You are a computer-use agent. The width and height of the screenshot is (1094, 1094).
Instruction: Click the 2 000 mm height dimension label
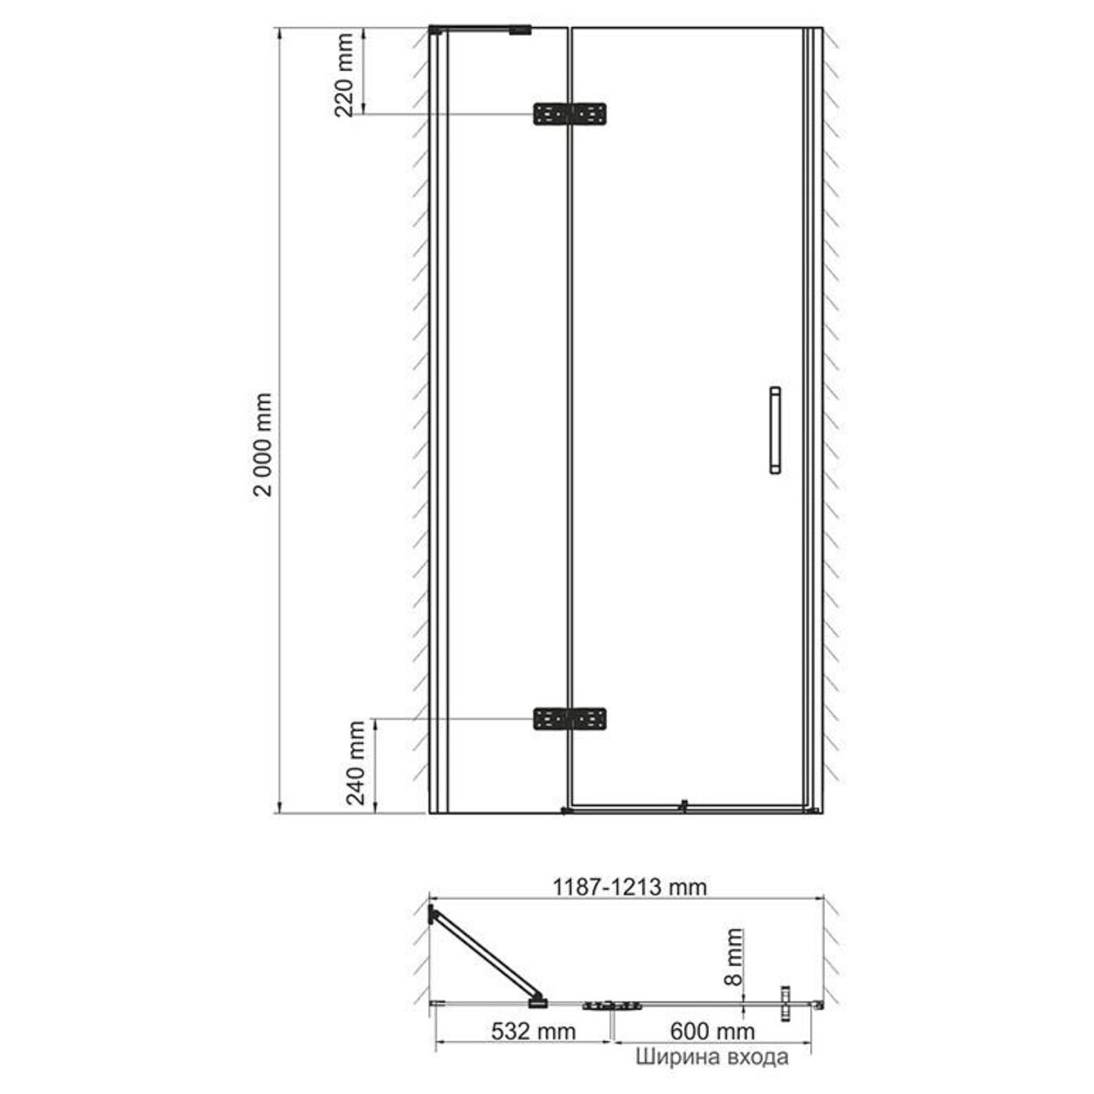point(263,443)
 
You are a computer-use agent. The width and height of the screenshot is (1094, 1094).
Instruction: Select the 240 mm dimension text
point(357,762)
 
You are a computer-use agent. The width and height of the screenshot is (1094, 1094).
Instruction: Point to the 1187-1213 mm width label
point(629,886)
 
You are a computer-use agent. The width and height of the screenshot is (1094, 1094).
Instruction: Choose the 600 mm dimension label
point(712,1031)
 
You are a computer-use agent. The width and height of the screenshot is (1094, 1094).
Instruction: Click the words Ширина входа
point(712,1057)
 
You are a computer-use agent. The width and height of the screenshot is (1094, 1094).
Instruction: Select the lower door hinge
point(570,719)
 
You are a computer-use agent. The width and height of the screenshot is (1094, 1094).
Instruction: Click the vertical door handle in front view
point(775,431)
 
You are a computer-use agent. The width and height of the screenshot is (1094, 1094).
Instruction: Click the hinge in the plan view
point(612,1005)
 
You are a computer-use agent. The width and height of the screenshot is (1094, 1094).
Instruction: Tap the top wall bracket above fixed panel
point(520,31)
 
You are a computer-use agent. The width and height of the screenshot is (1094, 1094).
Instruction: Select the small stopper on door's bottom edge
point(685,805)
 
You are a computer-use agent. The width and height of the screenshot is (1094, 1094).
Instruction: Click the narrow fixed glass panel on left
point(505,421)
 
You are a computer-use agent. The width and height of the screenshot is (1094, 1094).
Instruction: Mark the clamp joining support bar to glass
point(536,1001)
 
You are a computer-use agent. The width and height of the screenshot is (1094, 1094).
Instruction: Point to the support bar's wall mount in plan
point(433,914)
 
